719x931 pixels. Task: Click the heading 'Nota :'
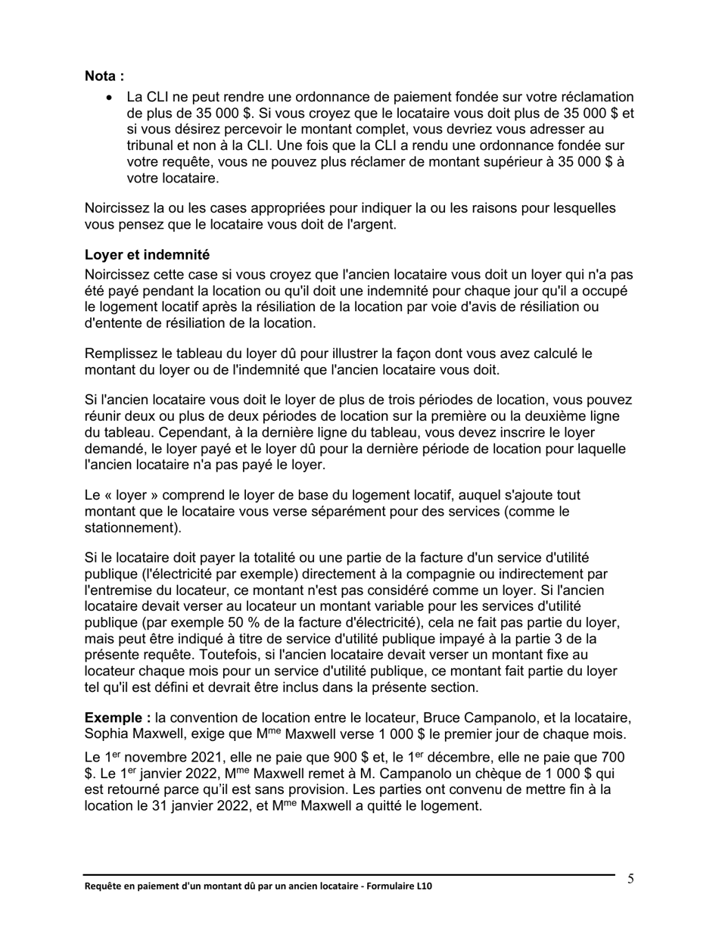[104, 76]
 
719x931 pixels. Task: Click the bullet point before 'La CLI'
[111, 98]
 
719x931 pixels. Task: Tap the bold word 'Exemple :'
[117, 718]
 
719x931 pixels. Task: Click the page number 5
[630, 879]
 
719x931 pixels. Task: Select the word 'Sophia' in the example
[107, 733]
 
